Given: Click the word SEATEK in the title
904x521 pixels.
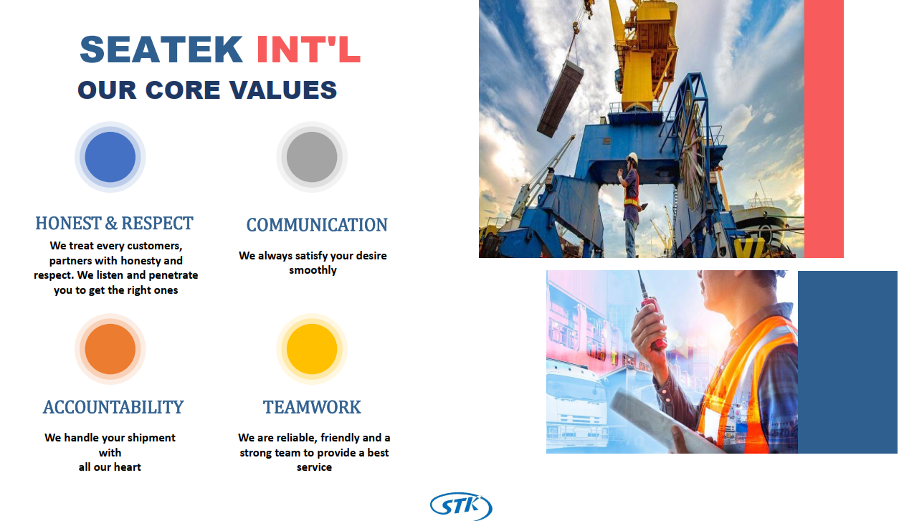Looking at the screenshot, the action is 161,49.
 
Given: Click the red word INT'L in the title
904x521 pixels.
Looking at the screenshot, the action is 308,49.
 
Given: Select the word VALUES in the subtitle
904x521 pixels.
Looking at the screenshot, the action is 283,90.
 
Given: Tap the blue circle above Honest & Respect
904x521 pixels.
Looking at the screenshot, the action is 110,157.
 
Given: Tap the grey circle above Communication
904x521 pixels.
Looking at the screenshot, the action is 312,157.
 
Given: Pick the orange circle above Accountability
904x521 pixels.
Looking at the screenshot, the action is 110,349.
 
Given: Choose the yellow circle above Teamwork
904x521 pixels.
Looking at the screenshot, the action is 312,349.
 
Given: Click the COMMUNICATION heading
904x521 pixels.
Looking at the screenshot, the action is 317,225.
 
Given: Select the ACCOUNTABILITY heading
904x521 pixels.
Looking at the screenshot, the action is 113,407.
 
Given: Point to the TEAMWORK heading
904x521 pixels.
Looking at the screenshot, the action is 312,407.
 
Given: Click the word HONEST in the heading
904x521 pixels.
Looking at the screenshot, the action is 68,224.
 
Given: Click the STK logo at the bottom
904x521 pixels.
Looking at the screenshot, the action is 461,506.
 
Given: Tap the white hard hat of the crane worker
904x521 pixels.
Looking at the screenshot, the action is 632,158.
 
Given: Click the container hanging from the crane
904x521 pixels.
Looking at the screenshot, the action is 561,98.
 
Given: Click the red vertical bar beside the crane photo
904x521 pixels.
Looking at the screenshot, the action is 824,129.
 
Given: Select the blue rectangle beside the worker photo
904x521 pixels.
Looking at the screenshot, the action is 847,362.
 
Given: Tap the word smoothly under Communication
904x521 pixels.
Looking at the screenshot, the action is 313,270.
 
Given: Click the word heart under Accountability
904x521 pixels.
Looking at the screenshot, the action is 128,467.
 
